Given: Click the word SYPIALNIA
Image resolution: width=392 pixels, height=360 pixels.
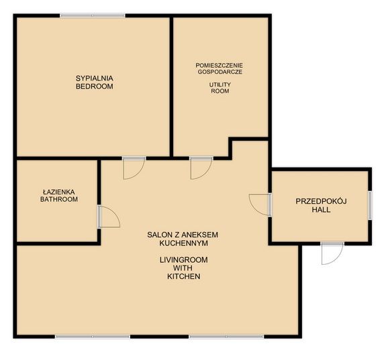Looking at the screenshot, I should [x=94, y=78].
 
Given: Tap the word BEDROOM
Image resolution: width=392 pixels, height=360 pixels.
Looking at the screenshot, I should [x=94, y=86].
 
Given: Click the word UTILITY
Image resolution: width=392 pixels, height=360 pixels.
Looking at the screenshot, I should [x=219, y=84].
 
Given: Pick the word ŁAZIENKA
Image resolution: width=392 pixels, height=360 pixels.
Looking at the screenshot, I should [x=58, y=192].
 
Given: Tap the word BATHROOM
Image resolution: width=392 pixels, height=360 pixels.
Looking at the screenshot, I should [x=58, y=199].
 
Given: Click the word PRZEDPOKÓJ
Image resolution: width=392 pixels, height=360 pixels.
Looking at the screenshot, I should [x=320, y=202].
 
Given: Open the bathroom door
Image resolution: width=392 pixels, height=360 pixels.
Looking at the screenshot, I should [x=107, y=217].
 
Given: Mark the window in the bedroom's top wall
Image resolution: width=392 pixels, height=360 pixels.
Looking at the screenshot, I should [x=92, y=15].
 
